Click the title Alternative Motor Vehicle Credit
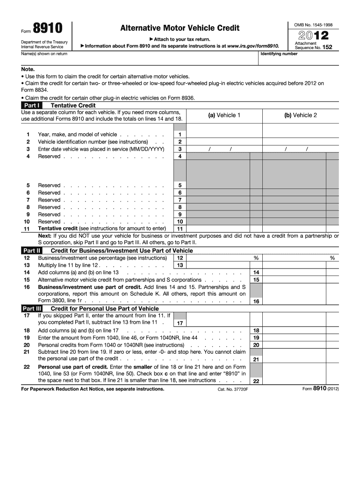pos(180,28)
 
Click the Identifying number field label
pos(279,54)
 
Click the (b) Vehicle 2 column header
pos(300,115)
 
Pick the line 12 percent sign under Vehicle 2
pos(332,258)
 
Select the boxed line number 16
pos(256,302)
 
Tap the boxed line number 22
pos(256,381)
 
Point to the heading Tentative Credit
pos(73,106)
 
